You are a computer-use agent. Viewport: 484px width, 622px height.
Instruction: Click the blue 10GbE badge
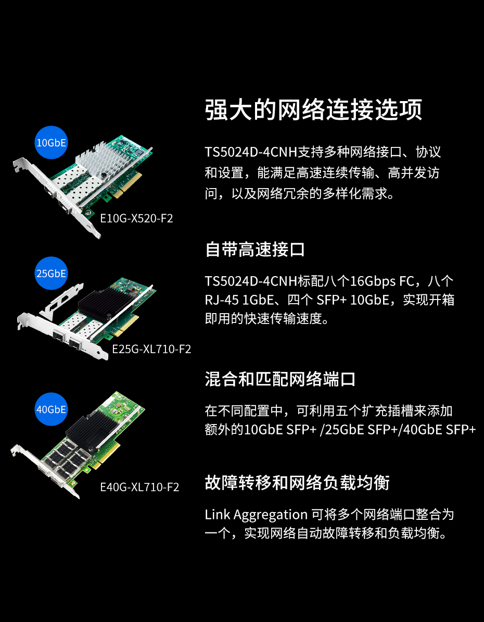point(52,142)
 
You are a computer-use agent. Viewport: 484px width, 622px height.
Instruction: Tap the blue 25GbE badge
point(52,273)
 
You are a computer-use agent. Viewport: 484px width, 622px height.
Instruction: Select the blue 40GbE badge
point(52,409)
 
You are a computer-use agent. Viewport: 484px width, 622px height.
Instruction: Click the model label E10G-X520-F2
point(137,218)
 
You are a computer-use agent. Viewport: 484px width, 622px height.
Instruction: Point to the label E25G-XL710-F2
point(152,349)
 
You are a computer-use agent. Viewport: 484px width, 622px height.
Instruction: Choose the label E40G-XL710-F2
point(140,487)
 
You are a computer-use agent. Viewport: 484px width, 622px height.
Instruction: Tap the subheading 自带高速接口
point(255,250)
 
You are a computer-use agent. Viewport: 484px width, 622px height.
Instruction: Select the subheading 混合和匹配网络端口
point(280,379)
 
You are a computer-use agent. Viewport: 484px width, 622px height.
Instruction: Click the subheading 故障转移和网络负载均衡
point(297,483)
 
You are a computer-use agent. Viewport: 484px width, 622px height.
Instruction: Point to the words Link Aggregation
point(256,515)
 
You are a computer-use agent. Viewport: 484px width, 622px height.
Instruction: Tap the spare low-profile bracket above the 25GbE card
point(61,300)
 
